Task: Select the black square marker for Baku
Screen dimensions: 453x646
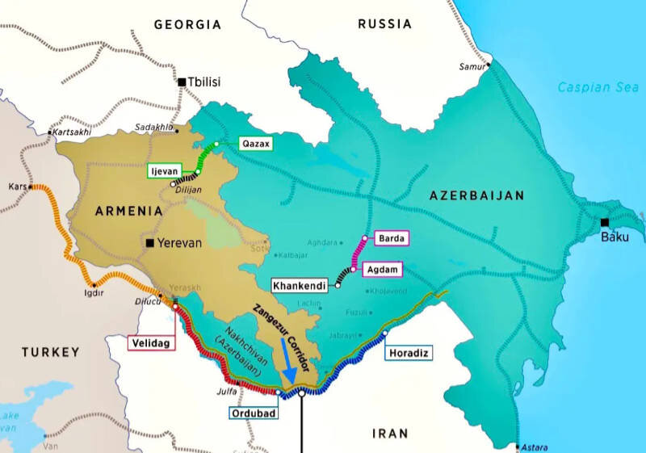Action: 605,223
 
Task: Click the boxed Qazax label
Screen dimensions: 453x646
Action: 256,145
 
